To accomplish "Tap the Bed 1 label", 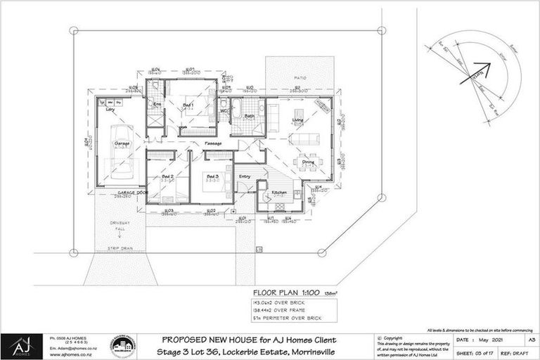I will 188,105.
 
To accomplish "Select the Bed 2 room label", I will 167,176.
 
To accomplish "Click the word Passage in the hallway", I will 214,143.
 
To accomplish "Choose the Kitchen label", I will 279,192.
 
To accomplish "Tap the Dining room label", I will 309,162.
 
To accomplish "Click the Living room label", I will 298,121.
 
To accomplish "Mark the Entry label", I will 245,176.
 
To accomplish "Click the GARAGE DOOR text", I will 131,191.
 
